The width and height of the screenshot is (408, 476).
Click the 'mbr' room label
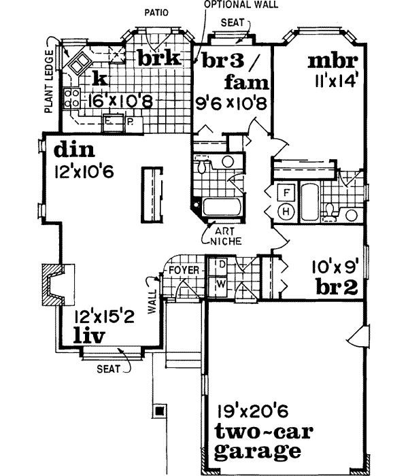pyautogui.click(x=333, y=61)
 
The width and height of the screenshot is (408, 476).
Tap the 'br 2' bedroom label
pyautogui.click(x=337, y=287)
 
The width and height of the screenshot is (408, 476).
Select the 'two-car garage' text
pyautogui.click(x=258, y=441)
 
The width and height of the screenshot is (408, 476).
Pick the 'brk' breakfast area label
pyautogui.click(x=158, y=58)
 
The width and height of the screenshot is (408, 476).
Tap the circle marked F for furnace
pyautogui.click(x=287, y=193)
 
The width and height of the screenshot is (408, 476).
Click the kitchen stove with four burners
pyautogui.click(x=71, y=99)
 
